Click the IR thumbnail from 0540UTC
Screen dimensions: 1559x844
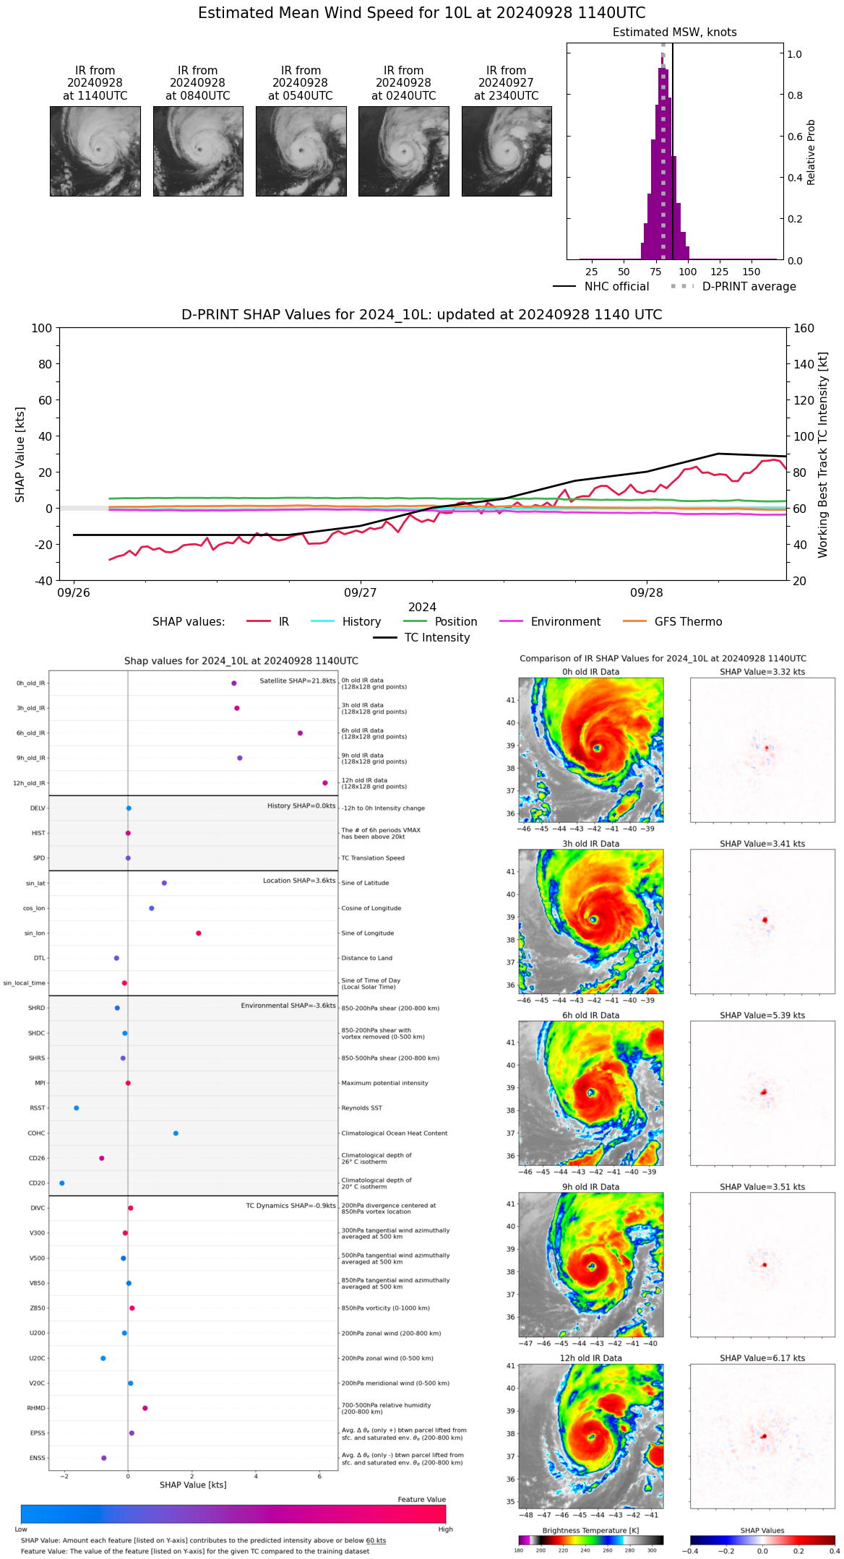point(301,151)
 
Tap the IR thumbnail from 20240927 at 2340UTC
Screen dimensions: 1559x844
point(507,151)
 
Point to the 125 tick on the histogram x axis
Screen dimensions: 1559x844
point(719,272)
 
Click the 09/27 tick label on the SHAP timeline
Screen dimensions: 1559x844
point(360,593)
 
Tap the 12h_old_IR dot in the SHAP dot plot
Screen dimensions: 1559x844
point(325,783)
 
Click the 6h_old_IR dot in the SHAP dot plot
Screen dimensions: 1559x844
point(300,733)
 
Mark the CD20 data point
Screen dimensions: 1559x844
point(62,1183)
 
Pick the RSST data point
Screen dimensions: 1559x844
point(77,1108)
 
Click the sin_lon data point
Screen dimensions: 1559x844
point(199,933)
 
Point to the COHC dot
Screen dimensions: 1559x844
point(176,1133)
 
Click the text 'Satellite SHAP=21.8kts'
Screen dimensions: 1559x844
point(298,681)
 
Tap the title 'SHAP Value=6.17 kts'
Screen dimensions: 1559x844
point(762,1358)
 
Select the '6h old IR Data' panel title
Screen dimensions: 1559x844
point(590,1015)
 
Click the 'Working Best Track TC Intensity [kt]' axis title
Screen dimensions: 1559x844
point(823,455)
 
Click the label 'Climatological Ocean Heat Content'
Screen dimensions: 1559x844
point(395,1133)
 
